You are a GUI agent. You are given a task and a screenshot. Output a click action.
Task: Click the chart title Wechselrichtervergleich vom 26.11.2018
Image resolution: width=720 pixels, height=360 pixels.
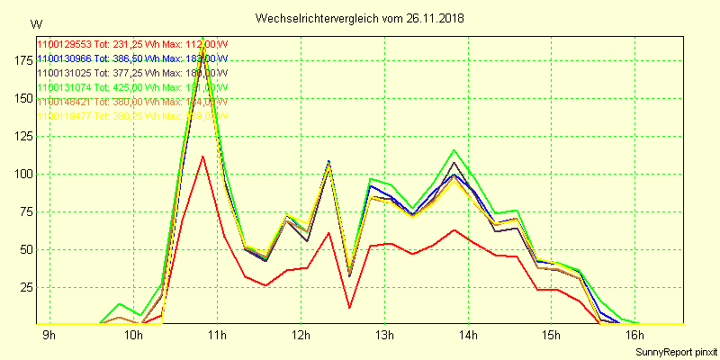click(361, 18)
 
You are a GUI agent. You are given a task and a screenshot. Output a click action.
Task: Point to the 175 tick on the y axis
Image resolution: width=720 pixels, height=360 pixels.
click(20, 59)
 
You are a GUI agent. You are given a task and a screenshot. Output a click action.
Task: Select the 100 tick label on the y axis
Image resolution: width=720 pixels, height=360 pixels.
click(20, 174)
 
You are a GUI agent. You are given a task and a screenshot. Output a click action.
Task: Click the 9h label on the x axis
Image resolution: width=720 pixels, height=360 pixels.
click(49, 336)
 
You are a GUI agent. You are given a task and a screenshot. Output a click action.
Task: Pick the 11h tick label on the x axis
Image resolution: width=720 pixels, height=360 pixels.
click(217, 336)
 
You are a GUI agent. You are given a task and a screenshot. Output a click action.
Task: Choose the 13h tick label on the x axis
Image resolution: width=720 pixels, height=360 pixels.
click(384, 336)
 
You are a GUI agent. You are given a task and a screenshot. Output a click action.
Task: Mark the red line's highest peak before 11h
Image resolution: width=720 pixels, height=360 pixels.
click(202, 157)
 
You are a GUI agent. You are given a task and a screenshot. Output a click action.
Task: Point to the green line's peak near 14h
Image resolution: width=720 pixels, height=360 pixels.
click(454, 150)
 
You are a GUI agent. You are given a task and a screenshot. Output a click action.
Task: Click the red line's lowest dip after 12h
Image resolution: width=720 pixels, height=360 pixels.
click(349, 308)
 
